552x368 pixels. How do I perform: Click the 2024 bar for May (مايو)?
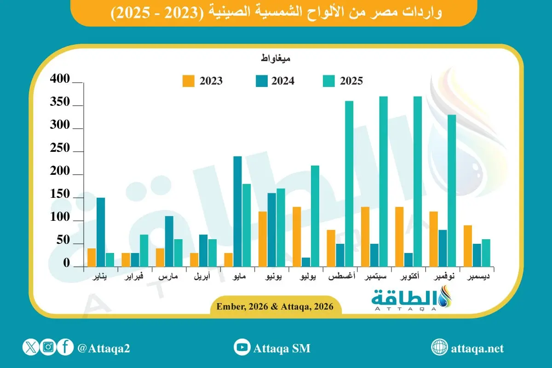click(x=238, y=211)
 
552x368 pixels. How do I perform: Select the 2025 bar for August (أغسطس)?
click(x=349, y=184)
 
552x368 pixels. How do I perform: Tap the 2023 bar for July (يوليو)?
click(x=297, y=236)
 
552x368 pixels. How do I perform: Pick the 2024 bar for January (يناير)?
click(x=101, y=232)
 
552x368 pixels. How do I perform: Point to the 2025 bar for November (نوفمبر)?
click(x=452, y=190)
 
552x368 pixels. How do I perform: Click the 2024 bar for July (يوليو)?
click(x=306, y=262)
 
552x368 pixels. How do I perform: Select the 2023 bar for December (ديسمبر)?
click(x=468, y=246)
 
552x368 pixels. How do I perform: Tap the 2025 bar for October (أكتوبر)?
click(x=417, y=181)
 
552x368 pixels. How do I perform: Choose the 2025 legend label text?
click(x=351, y=81)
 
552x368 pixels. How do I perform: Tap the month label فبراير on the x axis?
click(x=135, y=278)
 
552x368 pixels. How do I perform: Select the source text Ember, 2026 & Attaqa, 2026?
click(x=272, y=305)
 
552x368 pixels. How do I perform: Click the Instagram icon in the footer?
click(x=48, y=347)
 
